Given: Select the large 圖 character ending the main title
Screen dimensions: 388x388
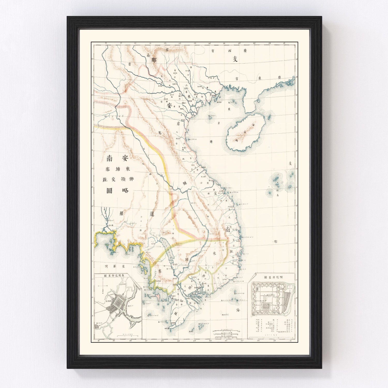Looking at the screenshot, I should (109, 191).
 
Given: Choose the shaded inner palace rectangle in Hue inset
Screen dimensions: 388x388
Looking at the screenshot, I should (266, 305).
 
